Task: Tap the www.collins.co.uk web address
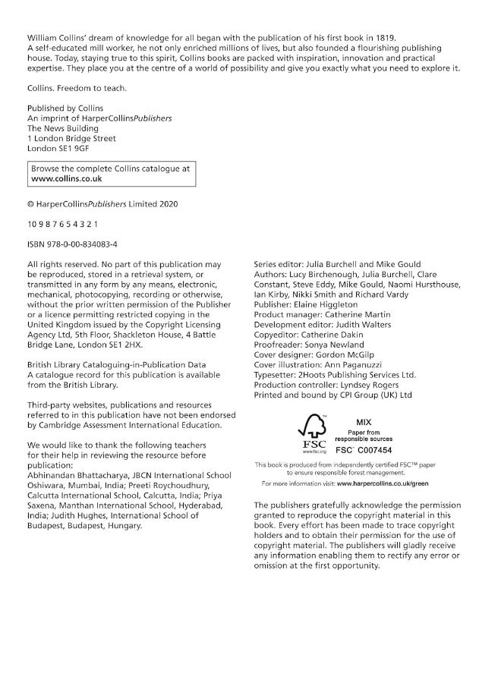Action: pyautogui.click(x=67, y=179)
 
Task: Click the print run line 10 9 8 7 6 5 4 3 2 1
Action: pyautogui.click(x=62, y=224)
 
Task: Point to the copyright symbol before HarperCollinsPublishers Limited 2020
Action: pyautogui.click(x=30, y=204)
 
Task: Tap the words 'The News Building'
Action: pyautogui.click(x=63, y=129)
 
